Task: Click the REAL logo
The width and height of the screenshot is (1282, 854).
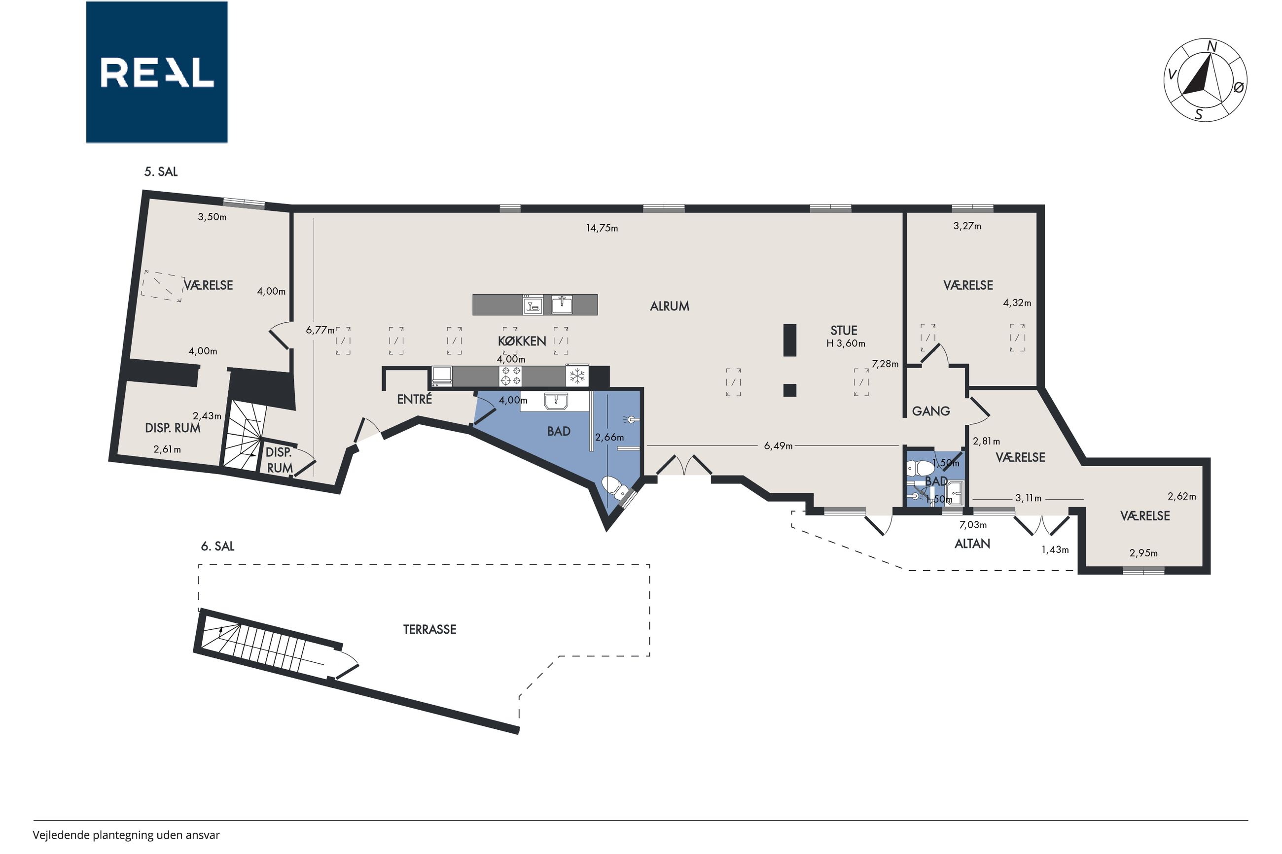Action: coord(157,72)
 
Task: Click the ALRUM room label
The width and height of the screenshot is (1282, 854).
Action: coord(669,306)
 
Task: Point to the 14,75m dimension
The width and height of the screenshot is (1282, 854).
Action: coord(602,228)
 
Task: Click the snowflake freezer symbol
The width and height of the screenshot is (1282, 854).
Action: coord(577,376)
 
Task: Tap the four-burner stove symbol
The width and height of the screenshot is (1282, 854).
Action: coord(510,376)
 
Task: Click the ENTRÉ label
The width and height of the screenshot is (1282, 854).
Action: coord(414,399)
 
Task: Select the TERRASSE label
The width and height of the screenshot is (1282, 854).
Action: coord(429,630)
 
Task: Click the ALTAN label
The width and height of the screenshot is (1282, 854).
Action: coord(972,543)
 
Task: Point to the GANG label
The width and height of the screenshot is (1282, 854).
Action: coord(930,411)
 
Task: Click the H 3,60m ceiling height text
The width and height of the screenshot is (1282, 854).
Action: coord(846,343)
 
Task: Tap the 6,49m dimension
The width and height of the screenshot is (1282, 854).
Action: coord(778,446)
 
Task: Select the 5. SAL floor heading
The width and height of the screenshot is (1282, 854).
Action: coord(161,171)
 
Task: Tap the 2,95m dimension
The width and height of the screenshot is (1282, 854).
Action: coord(1143,553)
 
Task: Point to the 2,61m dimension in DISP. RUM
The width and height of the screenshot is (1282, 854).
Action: coord(167,449)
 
